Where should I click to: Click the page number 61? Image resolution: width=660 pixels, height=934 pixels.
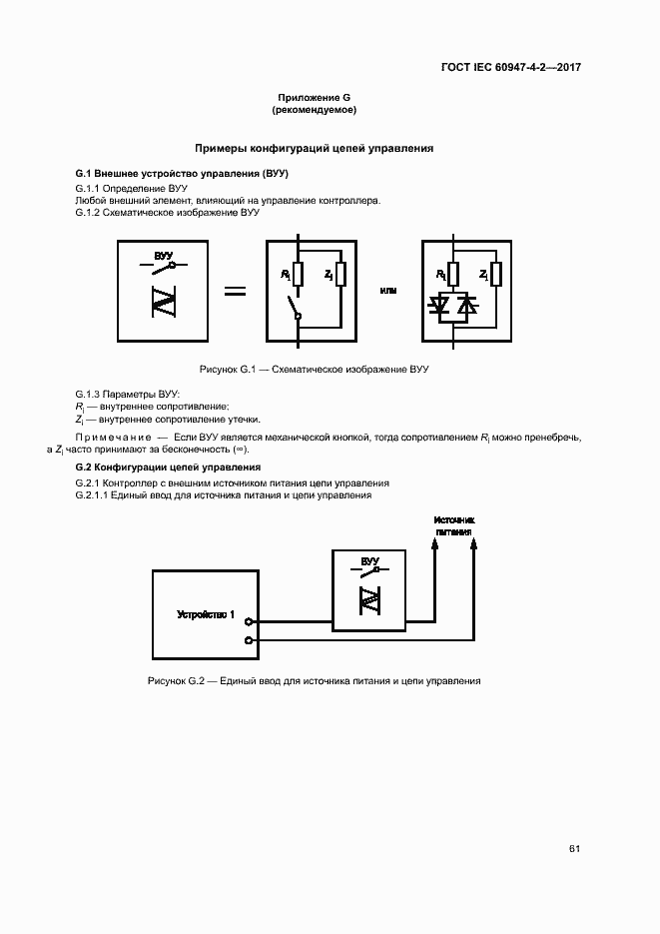point(574,849)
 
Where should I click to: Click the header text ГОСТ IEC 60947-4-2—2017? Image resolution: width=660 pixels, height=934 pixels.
point(511,68)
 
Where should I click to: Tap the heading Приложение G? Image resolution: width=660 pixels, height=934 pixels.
point(315,97)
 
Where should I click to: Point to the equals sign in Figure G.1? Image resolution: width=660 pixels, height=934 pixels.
point(234,291)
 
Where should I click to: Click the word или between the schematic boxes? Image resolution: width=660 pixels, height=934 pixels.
point(388,291)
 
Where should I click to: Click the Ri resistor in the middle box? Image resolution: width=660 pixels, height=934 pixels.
point(299,274)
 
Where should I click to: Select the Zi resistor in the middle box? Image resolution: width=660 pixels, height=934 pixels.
point(340,274)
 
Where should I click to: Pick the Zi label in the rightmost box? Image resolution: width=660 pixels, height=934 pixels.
point(483,274)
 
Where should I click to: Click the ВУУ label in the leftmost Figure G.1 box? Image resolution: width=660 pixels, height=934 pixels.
point(164,256)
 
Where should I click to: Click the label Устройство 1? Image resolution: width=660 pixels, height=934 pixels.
point(206,614)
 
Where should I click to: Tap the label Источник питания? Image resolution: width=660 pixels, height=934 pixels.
point(454,525)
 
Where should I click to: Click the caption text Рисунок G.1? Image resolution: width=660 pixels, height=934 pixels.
point(230,370)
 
